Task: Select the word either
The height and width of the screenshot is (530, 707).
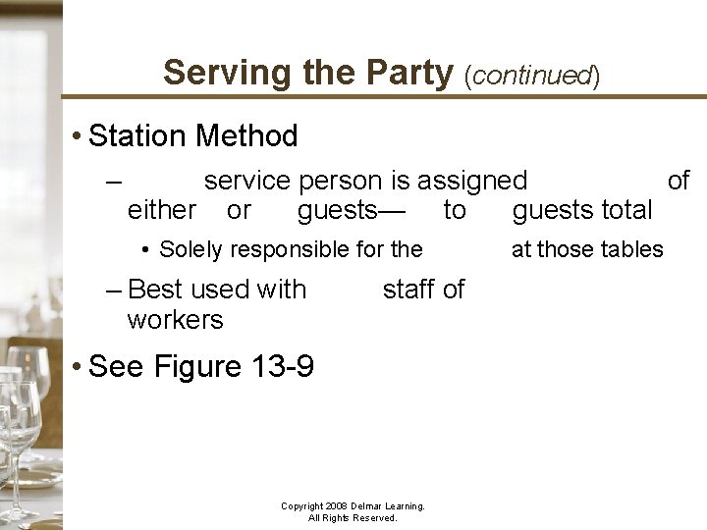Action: click(x=162, y=210)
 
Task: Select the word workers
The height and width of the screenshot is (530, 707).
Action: click(x=175, y=319)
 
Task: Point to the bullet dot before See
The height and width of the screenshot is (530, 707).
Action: click(x=78, y=367)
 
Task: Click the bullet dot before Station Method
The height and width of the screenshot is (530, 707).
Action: click(x=78, y=135)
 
